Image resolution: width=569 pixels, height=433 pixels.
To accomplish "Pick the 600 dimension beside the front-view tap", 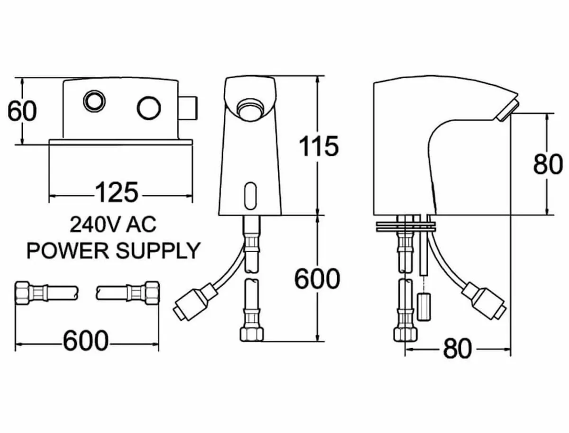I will (318, 279).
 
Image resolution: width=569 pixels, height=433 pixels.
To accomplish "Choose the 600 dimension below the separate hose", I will (86, 342).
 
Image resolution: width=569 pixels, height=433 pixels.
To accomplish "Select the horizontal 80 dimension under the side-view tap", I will (458, 350).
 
